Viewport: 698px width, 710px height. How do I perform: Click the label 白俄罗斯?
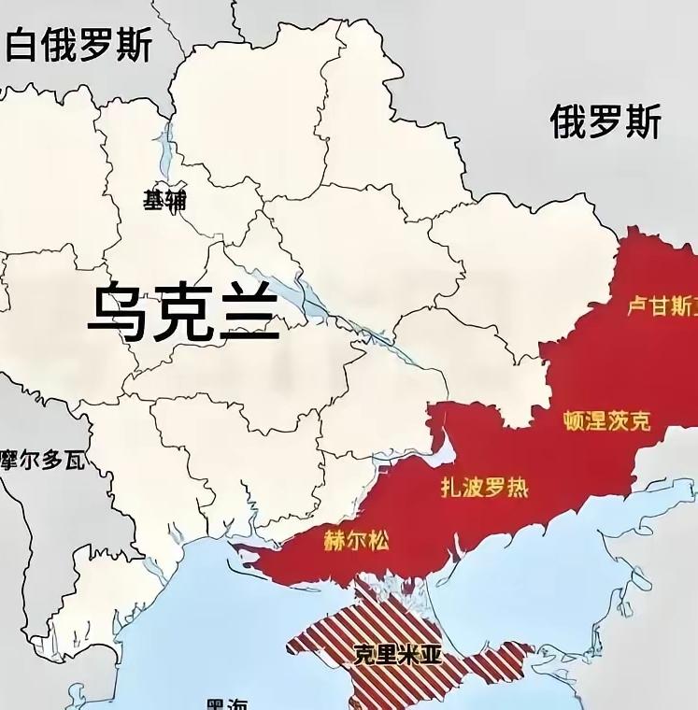(78, 44)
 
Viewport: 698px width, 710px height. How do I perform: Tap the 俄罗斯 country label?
(605, 122)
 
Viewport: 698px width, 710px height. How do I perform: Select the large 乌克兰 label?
(184, 312)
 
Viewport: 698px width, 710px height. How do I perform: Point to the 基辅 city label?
(164, 199)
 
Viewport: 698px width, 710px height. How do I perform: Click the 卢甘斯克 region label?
(662, 305)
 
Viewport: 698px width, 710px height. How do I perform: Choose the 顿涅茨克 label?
(606, 420)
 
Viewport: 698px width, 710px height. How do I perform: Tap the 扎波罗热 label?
(484, 487)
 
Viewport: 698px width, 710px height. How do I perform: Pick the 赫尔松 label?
(356, 540)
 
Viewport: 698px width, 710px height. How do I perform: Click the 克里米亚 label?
(397, 654)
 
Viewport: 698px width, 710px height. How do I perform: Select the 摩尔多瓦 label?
(42, 460)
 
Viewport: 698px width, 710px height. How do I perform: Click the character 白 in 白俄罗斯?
(23, 44)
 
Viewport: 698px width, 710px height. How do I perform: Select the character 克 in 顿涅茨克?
(639, 420)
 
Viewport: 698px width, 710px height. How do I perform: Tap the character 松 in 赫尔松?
(377, 540)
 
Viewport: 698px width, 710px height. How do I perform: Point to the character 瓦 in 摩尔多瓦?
(74, 460)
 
